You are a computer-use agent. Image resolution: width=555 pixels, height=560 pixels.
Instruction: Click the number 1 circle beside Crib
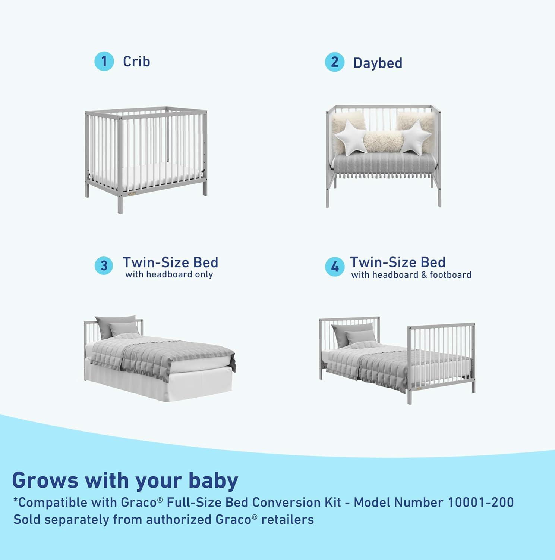pyautogui.click(x=104, y=61)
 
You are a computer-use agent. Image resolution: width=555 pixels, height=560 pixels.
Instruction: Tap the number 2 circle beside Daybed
pyautogui.click(x=334, y=62)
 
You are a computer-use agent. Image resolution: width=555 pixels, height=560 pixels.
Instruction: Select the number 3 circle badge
pyautogui.click(x=104, y=266)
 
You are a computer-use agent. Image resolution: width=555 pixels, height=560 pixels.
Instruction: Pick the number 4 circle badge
pyautogui.click(x=334, y=267)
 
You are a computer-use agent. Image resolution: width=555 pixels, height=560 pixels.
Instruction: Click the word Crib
pyautogui.click(x=136, y=62)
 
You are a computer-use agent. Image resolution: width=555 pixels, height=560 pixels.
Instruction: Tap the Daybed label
pyautogui.click(x=378, y=63)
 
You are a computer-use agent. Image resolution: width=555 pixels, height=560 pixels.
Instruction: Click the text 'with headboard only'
pyautogui.click(x=169, y=275)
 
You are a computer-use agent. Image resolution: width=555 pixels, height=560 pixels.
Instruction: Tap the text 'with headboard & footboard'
pyautogui.click(x=411, y=275)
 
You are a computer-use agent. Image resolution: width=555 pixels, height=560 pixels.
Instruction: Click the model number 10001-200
pyautogui.click(x=480, y=503)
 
